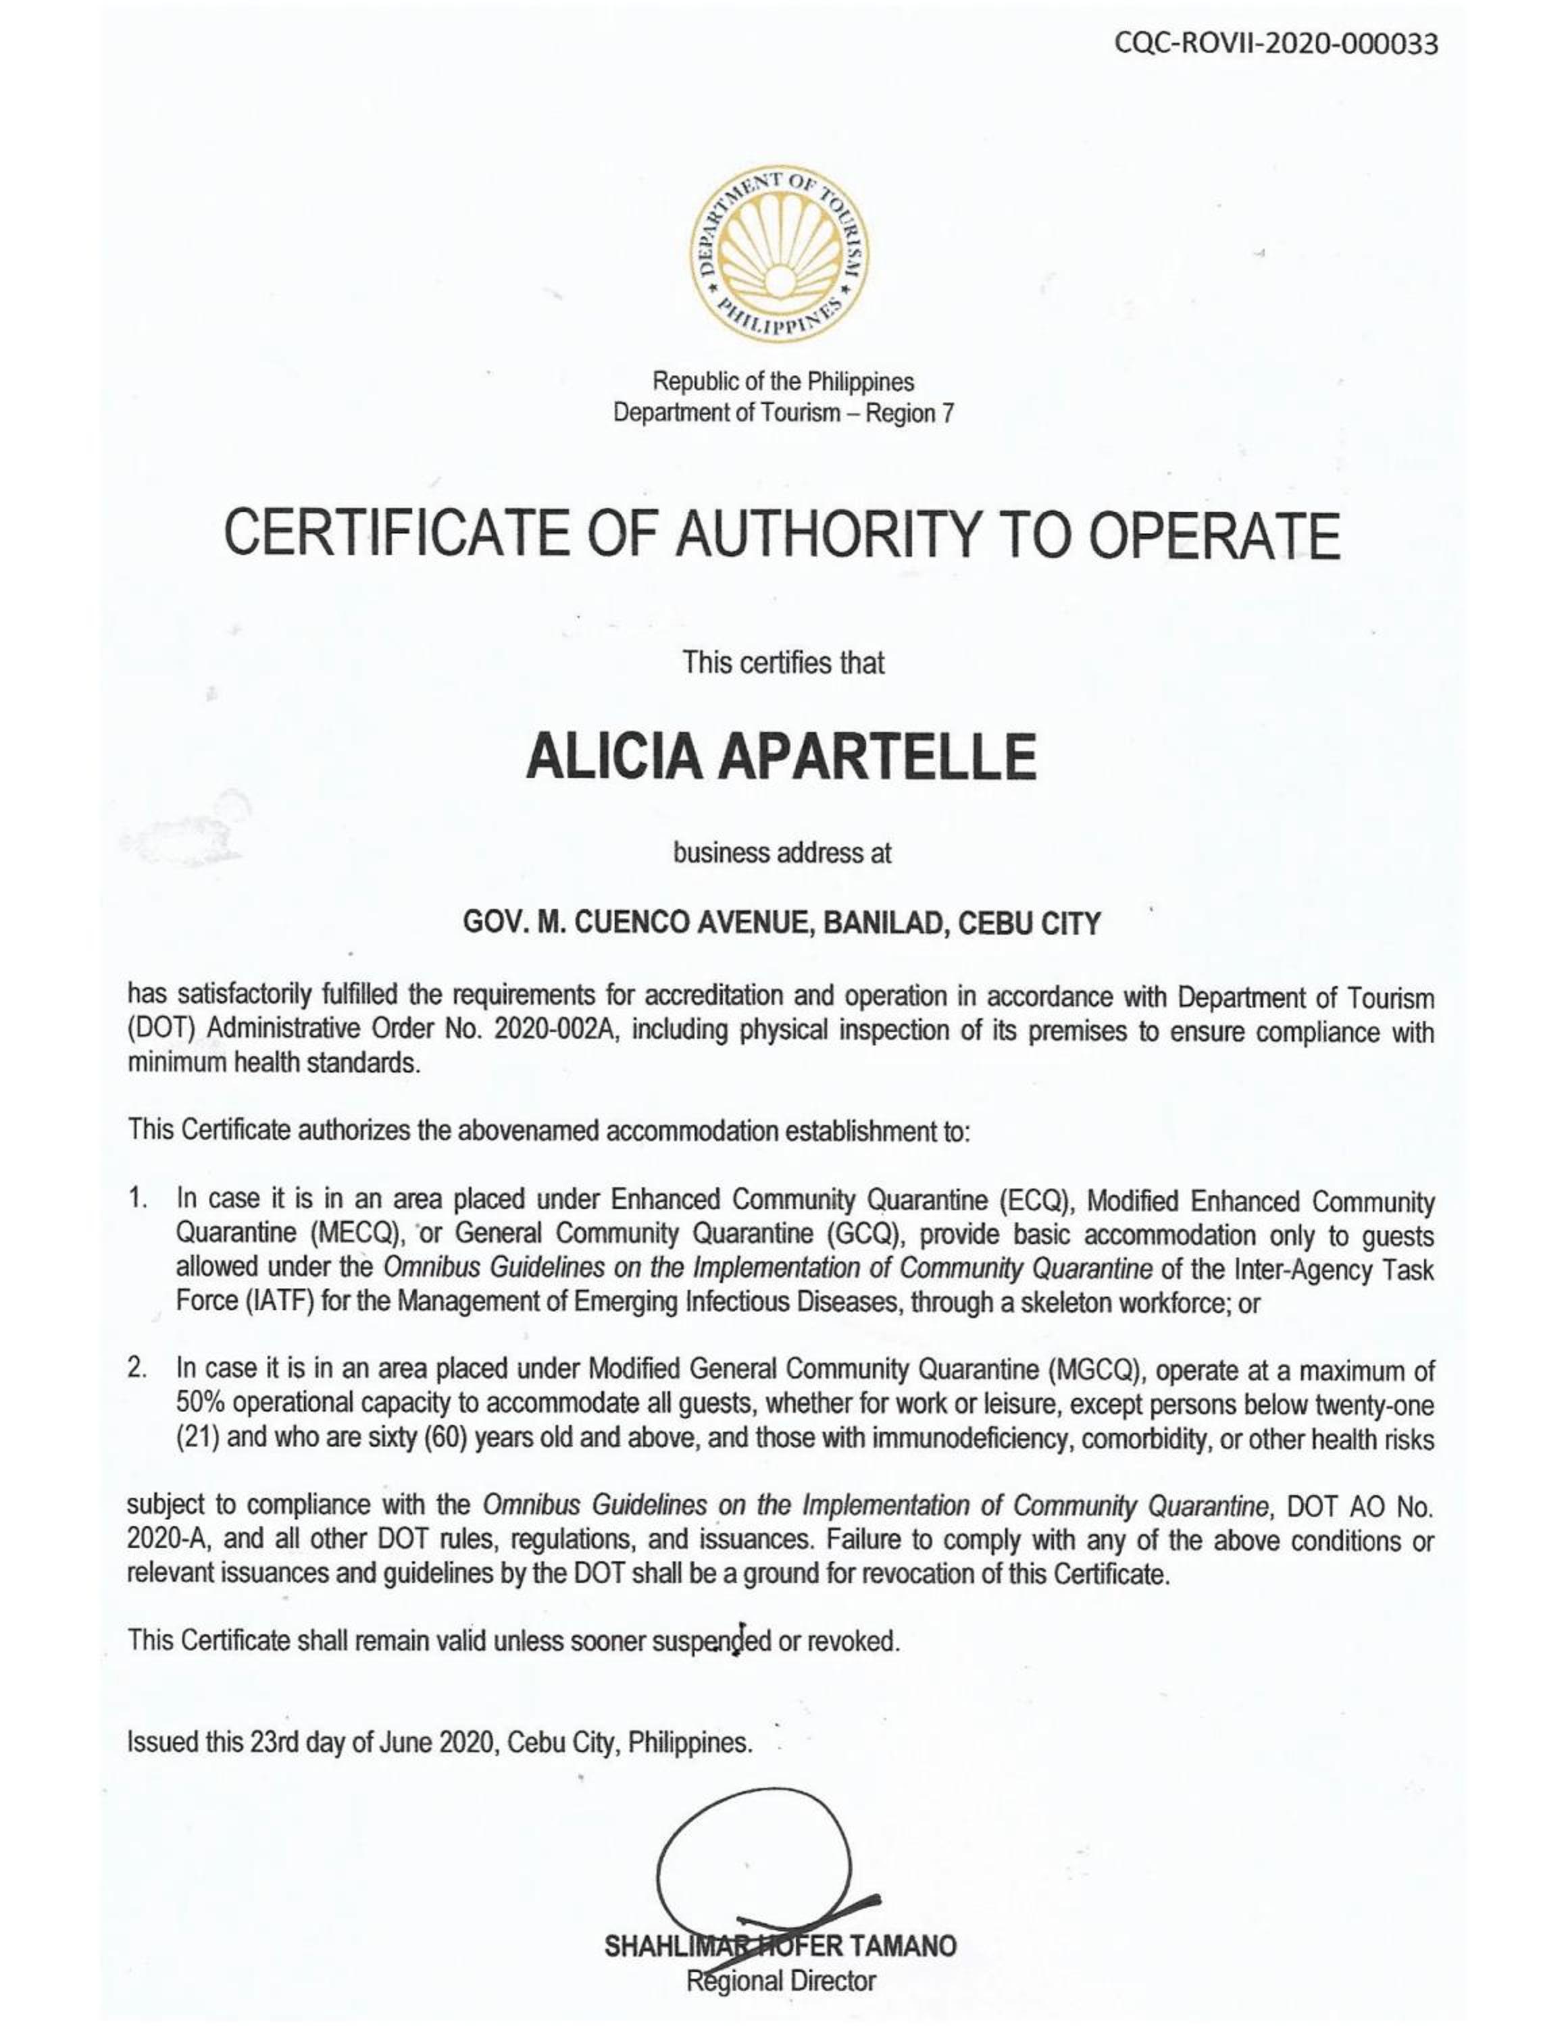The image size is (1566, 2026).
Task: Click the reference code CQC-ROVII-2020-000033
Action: tap(1280, 44)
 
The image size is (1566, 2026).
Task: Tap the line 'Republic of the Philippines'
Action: tap(783, 382)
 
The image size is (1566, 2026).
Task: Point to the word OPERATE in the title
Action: tap(1215, 536)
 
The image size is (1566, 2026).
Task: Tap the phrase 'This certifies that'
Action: tap(783, 663)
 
